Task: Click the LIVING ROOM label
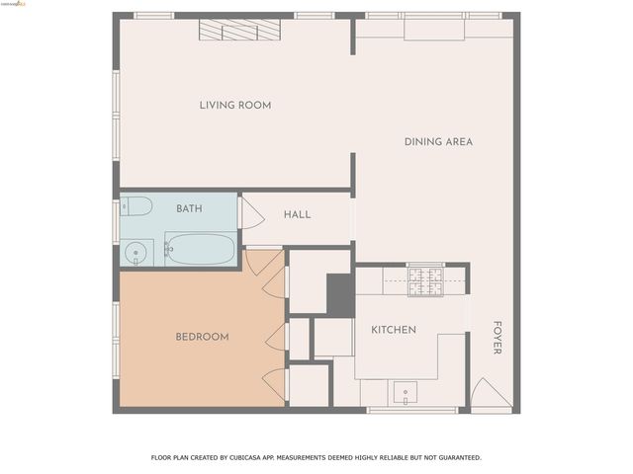click(x=235, y=106)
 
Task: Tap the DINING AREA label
click(x=438, y=142)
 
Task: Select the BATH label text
click(x=189, y=209)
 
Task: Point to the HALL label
click(x=297, y=215)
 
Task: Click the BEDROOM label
click(x=202, y=337)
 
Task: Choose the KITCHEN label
click(x=394, y=330)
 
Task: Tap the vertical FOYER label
click(x=497, y=338)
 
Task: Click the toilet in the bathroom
click(x=136, y=206)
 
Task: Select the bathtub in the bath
click(x=200, y=249)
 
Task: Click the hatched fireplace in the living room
click(x=239, y=31)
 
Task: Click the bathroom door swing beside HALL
click(x=251, y=215)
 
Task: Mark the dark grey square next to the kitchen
click(x=339, y=294)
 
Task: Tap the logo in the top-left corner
click(x=15, y=5)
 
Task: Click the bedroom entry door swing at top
click(x=262, y=261)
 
